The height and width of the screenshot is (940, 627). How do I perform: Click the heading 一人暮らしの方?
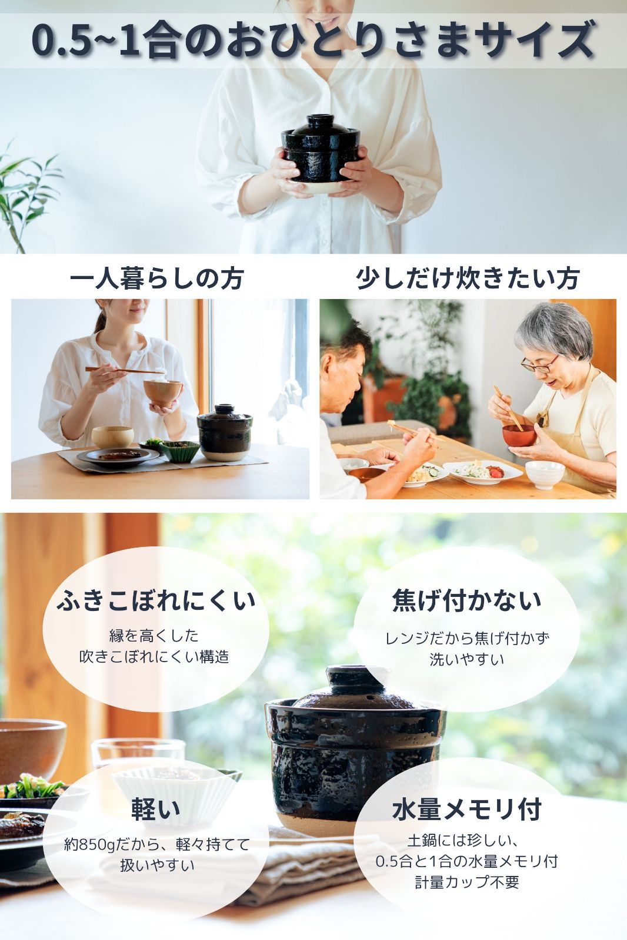(x=156, y=278)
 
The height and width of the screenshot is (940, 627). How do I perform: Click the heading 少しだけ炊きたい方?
(x=468, y=278)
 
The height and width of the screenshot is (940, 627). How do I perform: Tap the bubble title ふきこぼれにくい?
(x=156, y=600)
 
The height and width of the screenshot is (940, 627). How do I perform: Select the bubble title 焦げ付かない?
(x=466, y=600)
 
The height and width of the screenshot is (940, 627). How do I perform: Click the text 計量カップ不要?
(x=467, y=882)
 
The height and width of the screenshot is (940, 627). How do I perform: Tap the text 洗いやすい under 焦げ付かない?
(x=467, y=659)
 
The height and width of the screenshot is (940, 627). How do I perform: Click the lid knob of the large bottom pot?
(x=356, y=679)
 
